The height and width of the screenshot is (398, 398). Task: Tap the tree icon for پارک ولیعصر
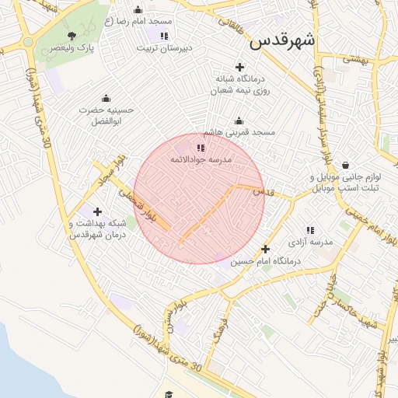72,35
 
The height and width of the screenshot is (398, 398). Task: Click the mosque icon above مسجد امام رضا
138,10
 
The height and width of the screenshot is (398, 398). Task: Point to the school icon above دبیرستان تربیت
163,36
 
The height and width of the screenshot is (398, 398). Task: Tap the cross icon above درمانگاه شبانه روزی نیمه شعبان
239,68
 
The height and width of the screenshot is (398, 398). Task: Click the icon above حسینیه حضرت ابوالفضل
106,99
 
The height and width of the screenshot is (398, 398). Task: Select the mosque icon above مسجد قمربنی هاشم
239,120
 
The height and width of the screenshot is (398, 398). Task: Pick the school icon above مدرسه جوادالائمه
201,147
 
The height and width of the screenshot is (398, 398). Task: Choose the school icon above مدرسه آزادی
310,230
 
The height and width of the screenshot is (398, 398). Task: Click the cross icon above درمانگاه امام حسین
266,250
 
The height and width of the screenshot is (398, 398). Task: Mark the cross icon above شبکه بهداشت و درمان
97,211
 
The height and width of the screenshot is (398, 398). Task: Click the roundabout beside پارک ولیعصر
28,42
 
